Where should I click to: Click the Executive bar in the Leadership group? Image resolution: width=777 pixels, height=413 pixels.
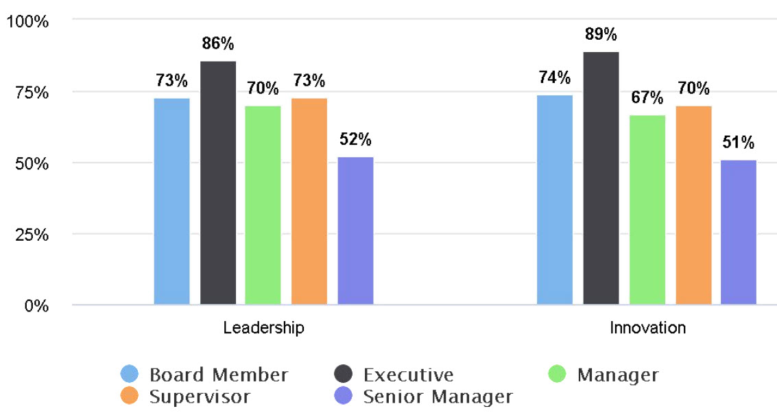point(218,182)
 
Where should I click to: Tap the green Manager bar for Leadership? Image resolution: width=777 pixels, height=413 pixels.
point(263,205)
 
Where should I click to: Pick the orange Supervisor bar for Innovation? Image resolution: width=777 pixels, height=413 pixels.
point(693,205)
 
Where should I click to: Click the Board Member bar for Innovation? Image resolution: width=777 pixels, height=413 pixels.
point(555,200)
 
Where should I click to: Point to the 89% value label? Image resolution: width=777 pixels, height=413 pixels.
point(601,34)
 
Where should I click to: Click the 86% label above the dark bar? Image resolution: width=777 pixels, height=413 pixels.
point(218,44)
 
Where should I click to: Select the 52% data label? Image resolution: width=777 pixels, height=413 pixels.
point(355,140)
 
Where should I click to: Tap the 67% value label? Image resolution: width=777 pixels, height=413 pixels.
point(647,97)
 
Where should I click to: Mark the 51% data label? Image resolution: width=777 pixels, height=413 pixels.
point(739,143)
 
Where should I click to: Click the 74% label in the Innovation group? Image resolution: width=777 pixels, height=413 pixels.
point(555,78)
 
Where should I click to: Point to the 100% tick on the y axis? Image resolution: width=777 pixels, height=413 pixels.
point(27,21)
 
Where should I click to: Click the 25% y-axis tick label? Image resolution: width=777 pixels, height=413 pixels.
point(32,235)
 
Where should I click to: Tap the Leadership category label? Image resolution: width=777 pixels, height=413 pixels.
point(263,328)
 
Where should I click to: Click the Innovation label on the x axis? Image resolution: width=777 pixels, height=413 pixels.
point(647,328)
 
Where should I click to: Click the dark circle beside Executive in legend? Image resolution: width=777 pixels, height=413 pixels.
point(344,375)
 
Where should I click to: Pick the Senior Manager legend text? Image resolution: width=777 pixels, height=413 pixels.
point(438,397)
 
